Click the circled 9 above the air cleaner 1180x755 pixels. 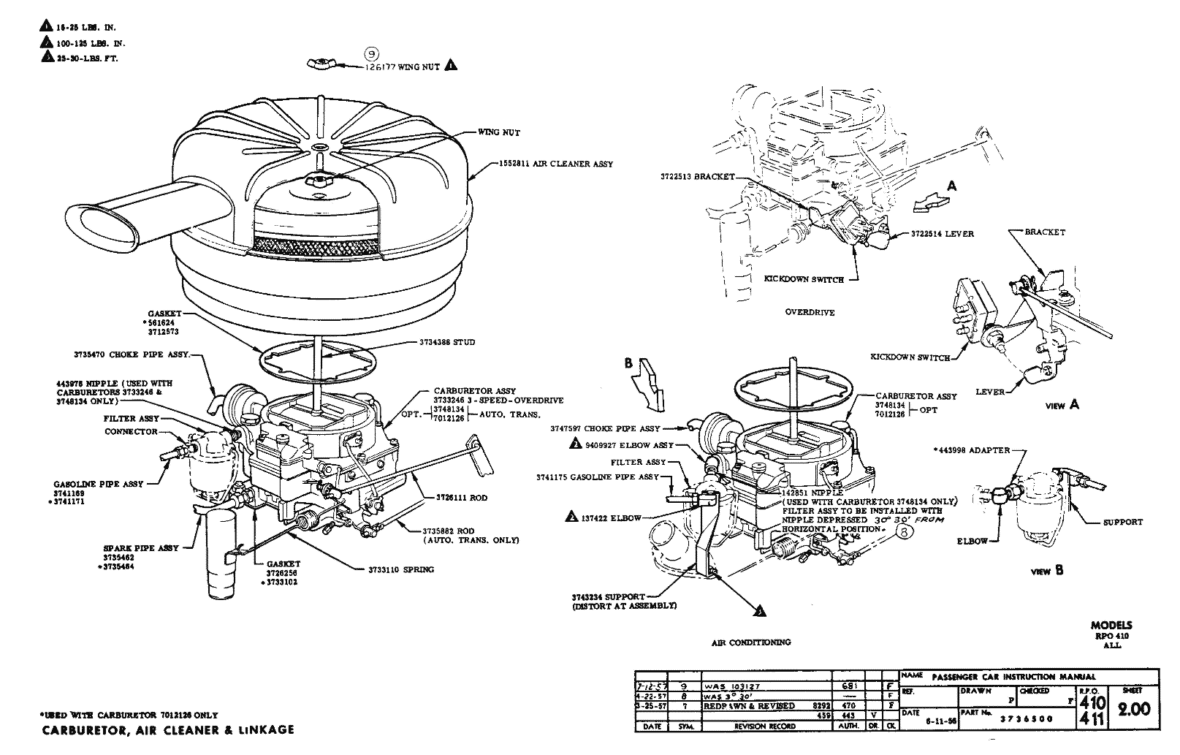click(372, 54)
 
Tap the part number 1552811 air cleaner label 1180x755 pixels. click(556, 164)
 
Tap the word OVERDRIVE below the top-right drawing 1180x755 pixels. click(810, 312)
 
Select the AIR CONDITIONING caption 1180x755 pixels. click(751, 642)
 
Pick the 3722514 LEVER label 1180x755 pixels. click(942, 234)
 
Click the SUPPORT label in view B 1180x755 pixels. click(1122, 522)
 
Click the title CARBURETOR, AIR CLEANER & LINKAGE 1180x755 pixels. click(167, 729)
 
